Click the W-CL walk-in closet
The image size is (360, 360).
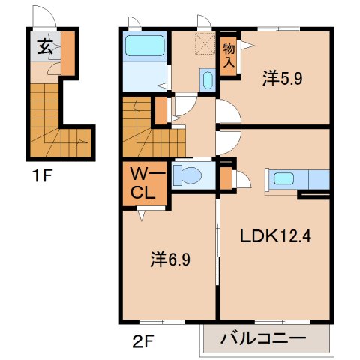[143, 183]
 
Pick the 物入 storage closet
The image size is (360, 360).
[229, 55]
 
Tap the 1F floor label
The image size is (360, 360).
[42, 177]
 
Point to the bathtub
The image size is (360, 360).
[145, 48]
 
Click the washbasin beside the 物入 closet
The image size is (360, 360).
[208, 80]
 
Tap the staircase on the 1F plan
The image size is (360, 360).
[52, 120]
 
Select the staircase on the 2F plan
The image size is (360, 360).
[142, 127]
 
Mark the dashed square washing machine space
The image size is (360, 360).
[203, 44]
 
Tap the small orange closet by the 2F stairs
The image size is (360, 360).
[160, 110]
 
